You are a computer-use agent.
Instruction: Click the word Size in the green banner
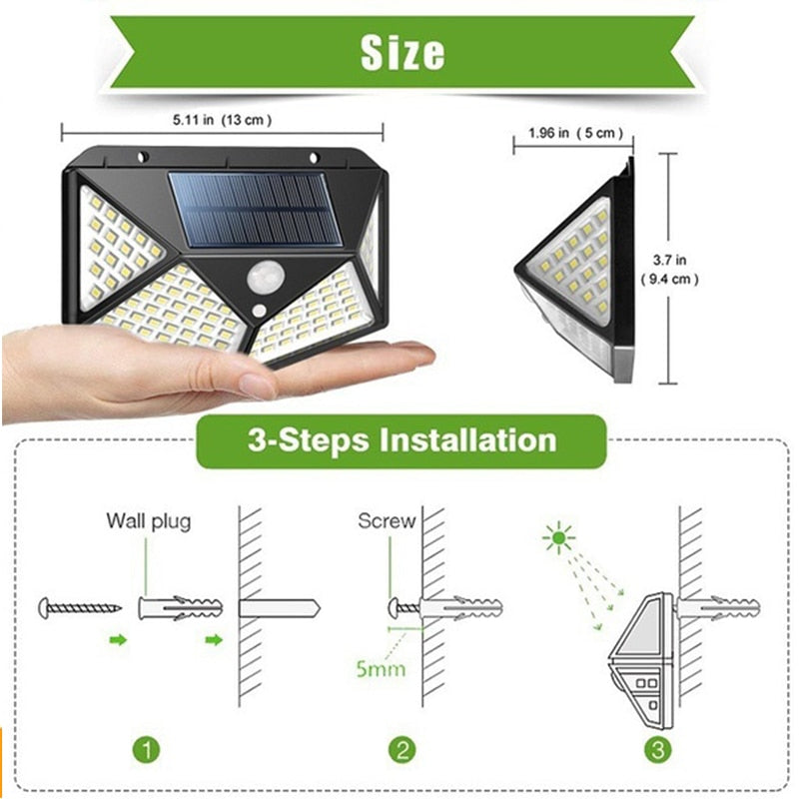(401, 50)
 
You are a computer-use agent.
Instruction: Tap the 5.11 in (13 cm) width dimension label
(222, 120)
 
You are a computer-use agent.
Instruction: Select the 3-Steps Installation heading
(401, 440)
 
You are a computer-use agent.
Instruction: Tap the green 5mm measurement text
(381, 667)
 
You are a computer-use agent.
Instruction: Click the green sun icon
(558, 540)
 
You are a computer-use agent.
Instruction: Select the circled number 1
(147, 748)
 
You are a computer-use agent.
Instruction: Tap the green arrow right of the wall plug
(213, 639)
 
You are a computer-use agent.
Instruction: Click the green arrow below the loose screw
(118, 639)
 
